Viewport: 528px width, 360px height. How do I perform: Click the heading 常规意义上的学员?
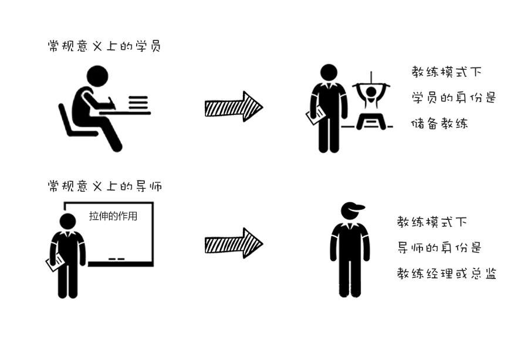click(x=104, y=46)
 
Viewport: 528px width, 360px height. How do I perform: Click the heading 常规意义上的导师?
click(x=105, y=186)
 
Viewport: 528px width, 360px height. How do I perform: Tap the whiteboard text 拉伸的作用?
click(x=113, y=216)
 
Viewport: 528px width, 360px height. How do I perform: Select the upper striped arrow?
click(x=233, y=107)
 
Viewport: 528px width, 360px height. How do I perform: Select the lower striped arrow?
click(x=233, y=243)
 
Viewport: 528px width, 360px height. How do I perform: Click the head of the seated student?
click(x=97, y=76)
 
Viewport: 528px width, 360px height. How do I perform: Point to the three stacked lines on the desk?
click(x=138, y=103)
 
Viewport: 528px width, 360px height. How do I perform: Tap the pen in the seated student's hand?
click(x=111, y=103)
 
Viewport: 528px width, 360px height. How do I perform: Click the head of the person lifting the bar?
click(x=371, y=92)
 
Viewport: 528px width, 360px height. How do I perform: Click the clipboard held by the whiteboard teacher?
click(x=55, y=263)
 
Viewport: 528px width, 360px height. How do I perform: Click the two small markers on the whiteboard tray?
click(x=117, y=259)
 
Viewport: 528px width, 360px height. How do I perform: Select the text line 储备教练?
click(x=439, y=124)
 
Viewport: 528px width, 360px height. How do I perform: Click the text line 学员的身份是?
click(x=453, y=97)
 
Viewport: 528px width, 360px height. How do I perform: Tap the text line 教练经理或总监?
click(x=446, y=273)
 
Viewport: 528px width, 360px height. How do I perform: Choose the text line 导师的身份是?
click(x=439, y=247)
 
